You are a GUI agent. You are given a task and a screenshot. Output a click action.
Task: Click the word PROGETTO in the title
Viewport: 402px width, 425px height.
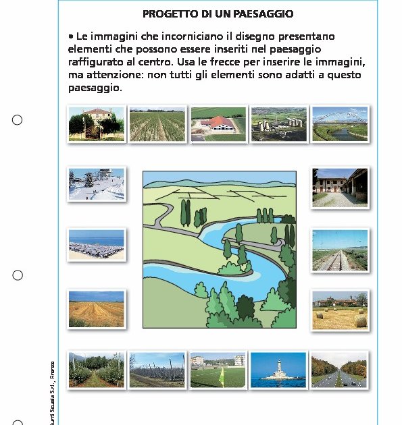167,13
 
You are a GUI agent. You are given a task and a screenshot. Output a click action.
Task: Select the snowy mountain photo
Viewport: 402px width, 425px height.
97,183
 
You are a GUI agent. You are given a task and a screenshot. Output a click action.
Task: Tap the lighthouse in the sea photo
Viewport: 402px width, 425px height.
278,370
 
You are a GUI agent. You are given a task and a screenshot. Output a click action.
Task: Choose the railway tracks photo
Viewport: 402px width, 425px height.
340,250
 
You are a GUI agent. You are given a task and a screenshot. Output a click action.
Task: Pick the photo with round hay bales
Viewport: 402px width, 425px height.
340,310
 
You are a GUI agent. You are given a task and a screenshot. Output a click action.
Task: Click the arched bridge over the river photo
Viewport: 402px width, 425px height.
340,123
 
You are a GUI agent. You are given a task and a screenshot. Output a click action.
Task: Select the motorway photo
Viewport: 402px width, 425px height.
339,370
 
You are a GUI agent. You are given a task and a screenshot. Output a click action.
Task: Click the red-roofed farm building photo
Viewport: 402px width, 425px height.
218,123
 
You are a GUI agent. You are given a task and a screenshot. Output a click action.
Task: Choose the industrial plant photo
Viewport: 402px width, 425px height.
279,123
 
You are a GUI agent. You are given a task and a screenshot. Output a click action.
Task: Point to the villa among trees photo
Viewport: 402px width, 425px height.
96,123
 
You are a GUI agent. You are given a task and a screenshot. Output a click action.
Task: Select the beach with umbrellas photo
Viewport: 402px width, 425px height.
97,244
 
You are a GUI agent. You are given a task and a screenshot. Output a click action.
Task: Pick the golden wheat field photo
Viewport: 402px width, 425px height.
97,309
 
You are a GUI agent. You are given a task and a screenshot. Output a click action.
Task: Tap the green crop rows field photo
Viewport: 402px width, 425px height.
157,123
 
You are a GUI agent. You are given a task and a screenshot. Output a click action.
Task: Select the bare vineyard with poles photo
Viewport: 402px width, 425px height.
157,370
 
